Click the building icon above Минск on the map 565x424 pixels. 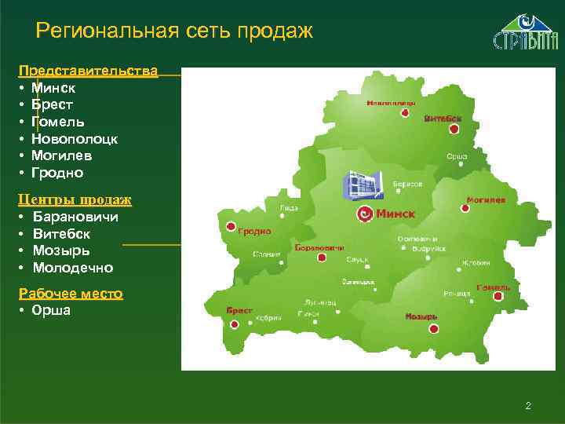click(x=361, y=186)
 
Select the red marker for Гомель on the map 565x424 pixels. click(x=498, y=296)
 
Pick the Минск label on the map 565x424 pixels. click(x=395, y=214)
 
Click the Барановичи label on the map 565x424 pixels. click(x=319, y=247)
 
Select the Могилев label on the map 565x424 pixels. click(x=485, y=200)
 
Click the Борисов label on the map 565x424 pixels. click(x=408, y=183)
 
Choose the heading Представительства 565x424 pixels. click(x=88, y=71)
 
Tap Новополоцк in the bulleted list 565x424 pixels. click(x=75, y=139)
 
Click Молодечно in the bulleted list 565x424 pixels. click(x=73, y=268)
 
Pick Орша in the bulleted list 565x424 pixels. click(x=51, y=310)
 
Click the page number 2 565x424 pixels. click(x=528, y=406)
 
